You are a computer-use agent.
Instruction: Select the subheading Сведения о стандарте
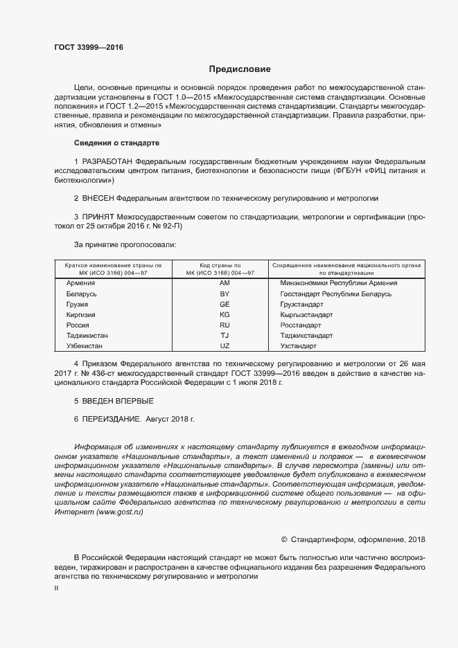coord(116,143)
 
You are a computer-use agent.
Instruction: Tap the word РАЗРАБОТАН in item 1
coord(107,161)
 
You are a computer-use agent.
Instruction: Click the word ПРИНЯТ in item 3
coord(99,217)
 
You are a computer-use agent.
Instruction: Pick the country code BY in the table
coord(224,294)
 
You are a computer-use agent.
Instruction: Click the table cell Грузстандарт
coord(301,304)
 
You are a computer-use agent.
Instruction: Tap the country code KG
coord(224,314)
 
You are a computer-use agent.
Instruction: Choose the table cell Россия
coord(77,325)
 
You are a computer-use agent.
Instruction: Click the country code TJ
coord(224,335)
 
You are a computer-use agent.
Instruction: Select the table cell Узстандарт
coord(299,345)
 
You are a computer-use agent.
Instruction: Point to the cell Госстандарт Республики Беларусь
coord(335,294)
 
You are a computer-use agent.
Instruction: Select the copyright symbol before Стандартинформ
coord(284,539)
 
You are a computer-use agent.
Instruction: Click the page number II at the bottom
coord(56,587)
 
